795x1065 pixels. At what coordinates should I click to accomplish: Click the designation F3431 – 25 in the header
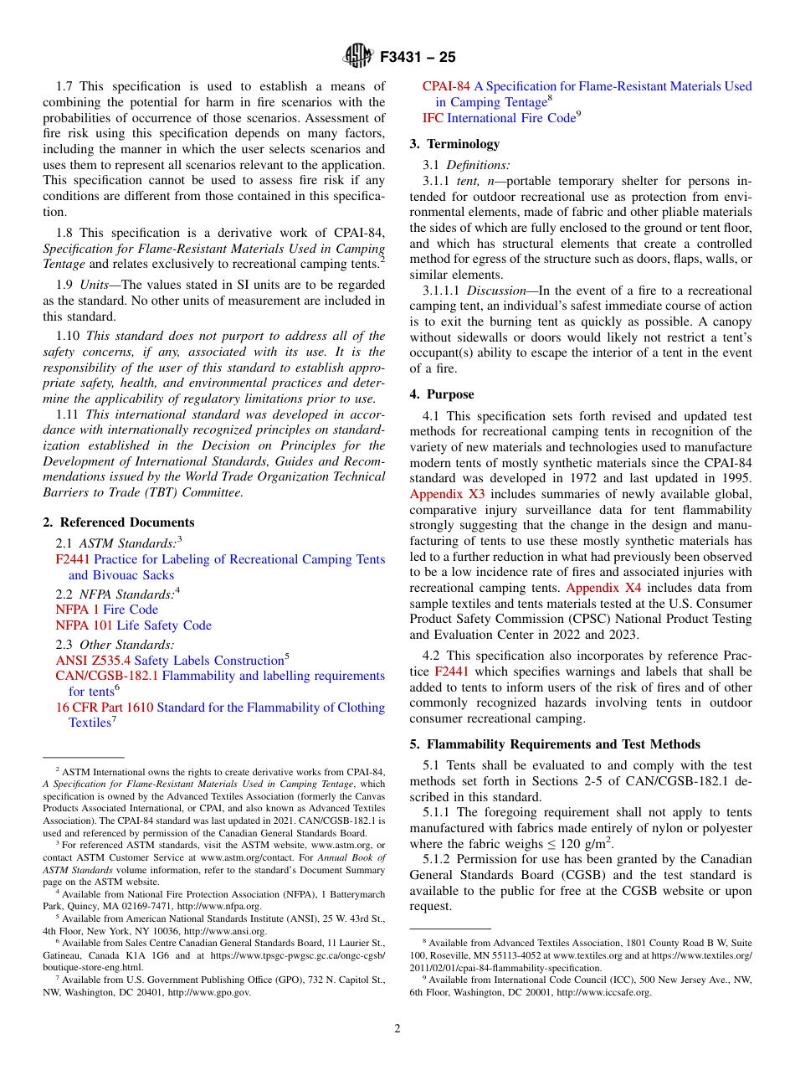tap(418, 58)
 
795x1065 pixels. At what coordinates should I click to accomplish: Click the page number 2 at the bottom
tap(397, 1029)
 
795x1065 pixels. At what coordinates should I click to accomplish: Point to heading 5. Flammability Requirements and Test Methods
tap(555, 744)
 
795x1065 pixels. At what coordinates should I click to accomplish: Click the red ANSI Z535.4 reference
tap(93, 661)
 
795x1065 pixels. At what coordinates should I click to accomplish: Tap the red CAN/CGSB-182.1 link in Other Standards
tap(106, 676)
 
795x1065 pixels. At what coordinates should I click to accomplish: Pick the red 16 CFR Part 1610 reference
tap(105, 707)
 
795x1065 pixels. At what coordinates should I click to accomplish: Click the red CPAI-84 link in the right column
tap(446, 86)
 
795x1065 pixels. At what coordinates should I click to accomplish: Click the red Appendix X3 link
tap(447, 494)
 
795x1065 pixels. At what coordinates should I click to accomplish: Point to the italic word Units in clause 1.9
tap(96, 285)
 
